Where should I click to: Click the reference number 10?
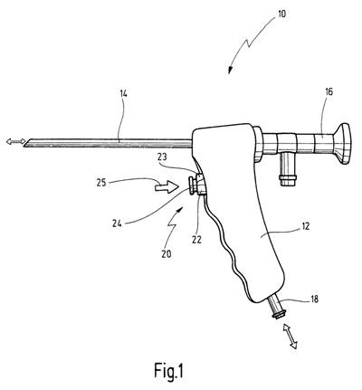281,14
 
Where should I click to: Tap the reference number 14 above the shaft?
123,93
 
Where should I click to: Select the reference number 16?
329,91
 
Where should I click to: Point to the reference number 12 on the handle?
305,226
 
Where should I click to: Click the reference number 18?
314,300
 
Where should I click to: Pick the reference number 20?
167,254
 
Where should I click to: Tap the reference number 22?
196,239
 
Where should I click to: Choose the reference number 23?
164,157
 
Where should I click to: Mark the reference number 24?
117,224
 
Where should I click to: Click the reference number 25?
101,183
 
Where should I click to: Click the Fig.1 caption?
168,370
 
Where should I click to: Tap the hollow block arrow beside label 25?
166,187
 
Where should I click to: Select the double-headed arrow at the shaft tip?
16,141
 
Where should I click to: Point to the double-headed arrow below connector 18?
290,337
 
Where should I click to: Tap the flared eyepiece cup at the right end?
341,144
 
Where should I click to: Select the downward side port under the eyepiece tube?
288,169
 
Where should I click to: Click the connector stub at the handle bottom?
276,306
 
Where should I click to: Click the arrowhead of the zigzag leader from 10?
230,71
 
